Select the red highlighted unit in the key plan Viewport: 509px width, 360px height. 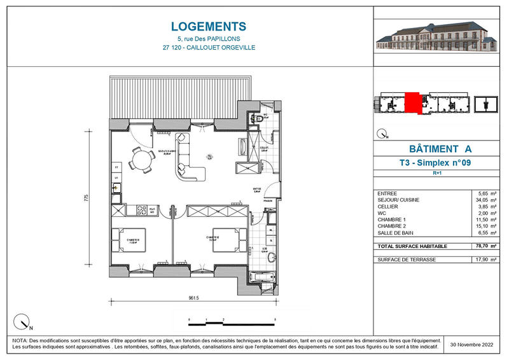pyautogui.click(x=412, y=103)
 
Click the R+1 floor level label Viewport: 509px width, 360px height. pyautogui.click(x=438, y=173)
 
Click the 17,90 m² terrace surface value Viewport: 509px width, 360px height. pyautogui.click(x=484, y=260)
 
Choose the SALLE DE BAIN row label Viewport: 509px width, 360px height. pyautogui.click(x=396, y=233)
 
